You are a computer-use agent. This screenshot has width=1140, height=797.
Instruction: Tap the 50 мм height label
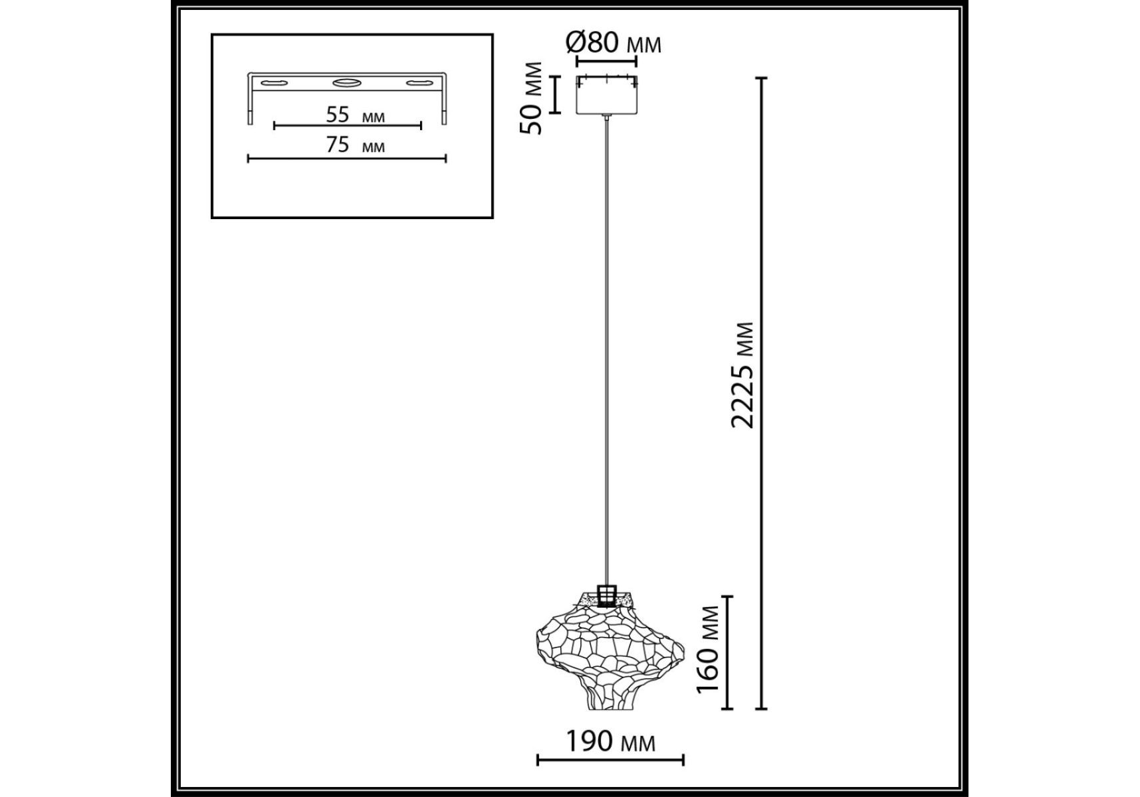532,98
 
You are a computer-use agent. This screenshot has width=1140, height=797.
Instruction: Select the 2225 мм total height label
743,375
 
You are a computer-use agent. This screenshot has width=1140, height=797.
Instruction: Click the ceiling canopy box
606,94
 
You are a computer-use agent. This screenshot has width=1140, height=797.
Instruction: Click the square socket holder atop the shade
607,595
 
